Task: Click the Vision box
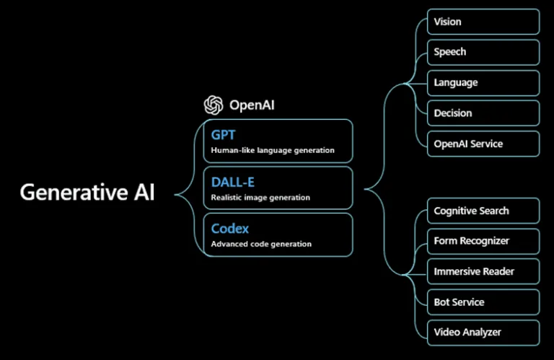pos(483,22)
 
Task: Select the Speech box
pos(483,52)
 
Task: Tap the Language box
pos(483,83)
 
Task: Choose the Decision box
pos(483,113)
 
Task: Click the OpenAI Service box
pos(483,144)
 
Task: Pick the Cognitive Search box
pos(483,211)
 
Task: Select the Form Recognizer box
pos(483,241)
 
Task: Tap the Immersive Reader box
pos(483,272)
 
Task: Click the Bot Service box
pos(483,302)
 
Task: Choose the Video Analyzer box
pos(483,333)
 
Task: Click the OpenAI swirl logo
pos(214,105)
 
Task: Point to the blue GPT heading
pos(224,135)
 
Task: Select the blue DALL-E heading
pos(233,183)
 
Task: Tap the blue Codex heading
pos(230,229)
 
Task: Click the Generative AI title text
pos(87,193)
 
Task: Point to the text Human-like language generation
pos(273,151)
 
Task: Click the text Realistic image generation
pos(260,198)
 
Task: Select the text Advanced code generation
pos(261,244)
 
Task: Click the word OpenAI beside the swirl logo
pos(252,105)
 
